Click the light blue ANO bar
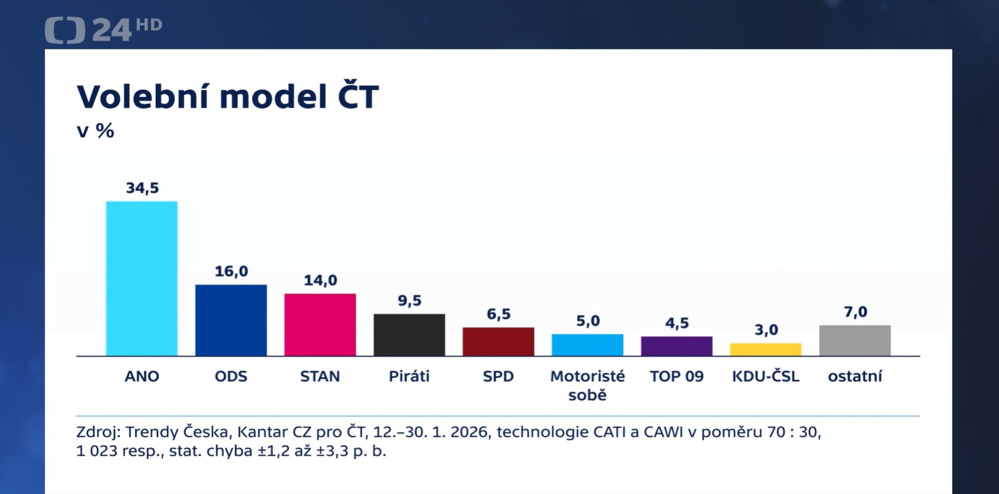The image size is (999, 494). click(x=142, y=278)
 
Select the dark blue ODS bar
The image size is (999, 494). click(x=231, y=320)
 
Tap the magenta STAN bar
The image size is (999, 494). click(x=320, y=324)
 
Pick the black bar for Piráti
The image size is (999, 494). click(x=409, y=334)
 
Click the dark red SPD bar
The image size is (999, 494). click(x=498, y=341)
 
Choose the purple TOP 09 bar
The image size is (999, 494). click(x=676, y=346)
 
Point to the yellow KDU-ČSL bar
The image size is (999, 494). click(x=765, y=349)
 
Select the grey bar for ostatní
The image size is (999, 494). click(x=854, y=340)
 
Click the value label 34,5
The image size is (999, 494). click(x=142, y=188)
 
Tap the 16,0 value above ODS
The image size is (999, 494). click(x=231, y=271)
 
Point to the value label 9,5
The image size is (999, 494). click(x=409, y=300)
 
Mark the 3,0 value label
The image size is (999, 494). click(x=766, y=330)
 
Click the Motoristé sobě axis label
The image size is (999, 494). click(x=587, y=385)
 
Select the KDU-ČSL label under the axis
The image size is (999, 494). click(x=765, y=376)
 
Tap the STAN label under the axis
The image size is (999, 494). click(x=320, y=376)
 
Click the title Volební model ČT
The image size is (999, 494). click(x=227, y=97)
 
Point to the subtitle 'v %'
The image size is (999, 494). click(x=95, y=130)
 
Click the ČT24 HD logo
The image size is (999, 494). click(x=103, y=30)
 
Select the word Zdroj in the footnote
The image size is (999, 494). click(x=98, y=432)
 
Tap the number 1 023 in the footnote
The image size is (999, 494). click(x=96, y=451)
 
